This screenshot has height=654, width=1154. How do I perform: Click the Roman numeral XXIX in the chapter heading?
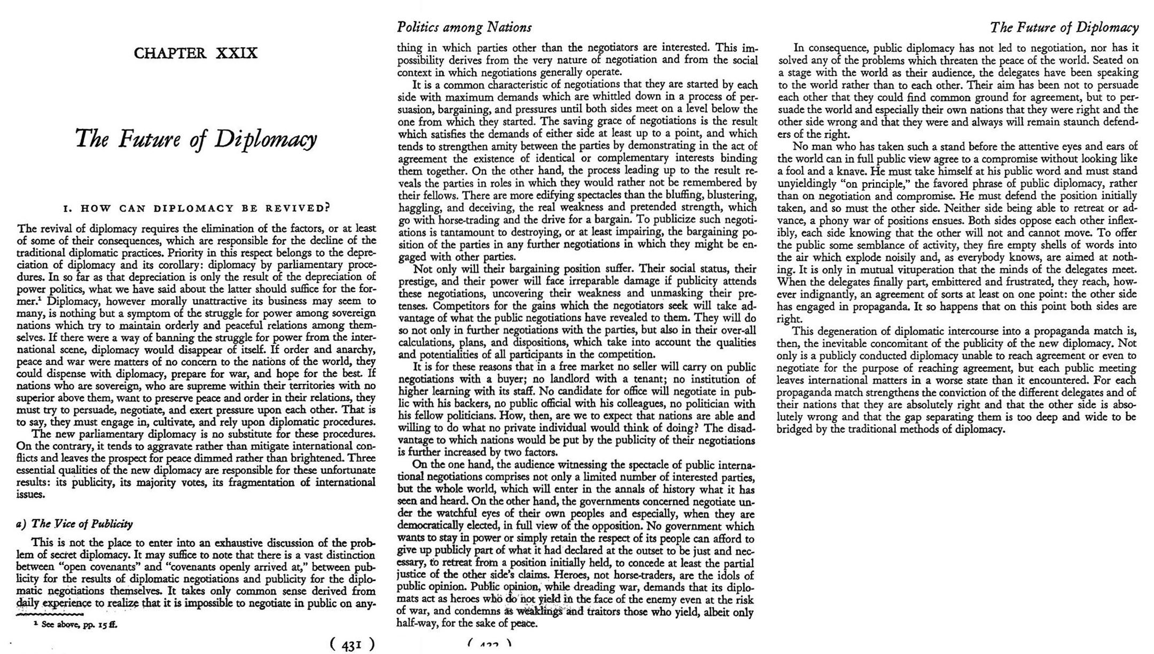tap(237, 53)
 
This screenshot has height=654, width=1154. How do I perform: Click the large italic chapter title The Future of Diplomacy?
tap(196, 139)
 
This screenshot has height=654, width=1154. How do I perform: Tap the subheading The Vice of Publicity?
tap(75, 524)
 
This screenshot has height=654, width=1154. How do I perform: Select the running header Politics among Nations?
tap(464, 27)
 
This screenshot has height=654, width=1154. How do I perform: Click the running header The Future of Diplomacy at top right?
tap(1064, 27)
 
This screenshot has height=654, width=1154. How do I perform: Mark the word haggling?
tap(419, 207)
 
